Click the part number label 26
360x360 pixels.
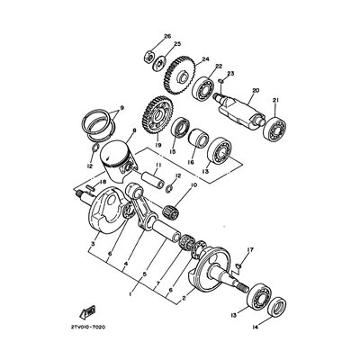[166, 37]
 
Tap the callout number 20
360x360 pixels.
[255, 90]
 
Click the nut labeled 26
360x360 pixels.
[149, 58]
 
